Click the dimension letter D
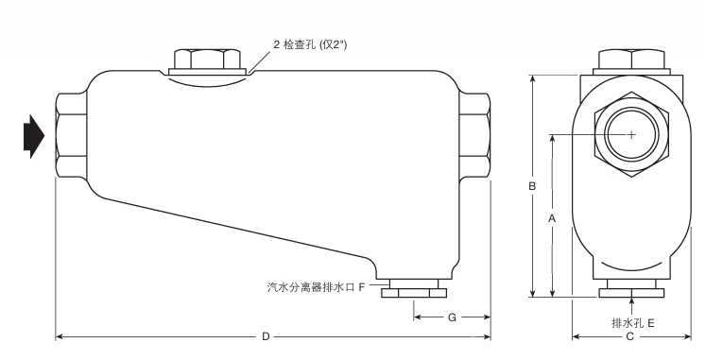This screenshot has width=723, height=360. pyautogui.click(x=267, y=336)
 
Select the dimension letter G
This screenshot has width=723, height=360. pyautogui.click(x=452, y=317)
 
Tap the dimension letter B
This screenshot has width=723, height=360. pyautogui.click(x=533, y=187)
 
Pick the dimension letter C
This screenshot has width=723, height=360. pyautogui.click(x=630, y=336)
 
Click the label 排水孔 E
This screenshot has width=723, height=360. pyautogui.click(x=633, y=322)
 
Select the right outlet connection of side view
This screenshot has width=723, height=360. pyautogui.click(x=474, y=135)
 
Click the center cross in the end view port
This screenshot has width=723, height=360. pyautogui.click(x=631, y=135)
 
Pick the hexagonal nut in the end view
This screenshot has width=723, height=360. pyautogui.click(x=631, y=135)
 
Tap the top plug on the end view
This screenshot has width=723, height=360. pyautogui.click(x=631, y=61)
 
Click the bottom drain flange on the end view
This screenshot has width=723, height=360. pyautogui.click(x=631, y=290)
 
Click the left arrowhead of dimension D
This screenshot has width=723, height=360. pyautogui.click(x=59, y=336)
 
